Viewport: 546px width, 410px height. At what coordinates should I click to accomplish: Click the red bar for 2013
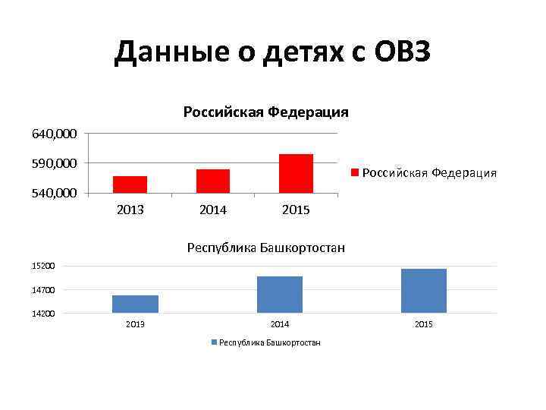click(x=130, y=184)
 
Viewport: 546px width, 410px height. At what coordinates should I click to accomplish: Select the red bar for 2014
click(x=212, y=181)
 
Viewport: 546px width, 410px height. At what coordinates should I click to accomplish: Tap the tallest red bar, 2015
click(x=296, y=173)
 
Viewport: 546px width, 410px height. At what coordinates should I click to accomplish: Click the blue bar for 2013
click(x=135, y=304)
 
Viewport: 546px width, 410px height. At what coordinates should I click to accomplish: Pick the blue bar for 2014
click(x=280, y=295)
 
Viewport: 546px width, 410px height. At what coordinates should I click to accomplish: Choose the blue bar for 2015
click(x=423, y=291)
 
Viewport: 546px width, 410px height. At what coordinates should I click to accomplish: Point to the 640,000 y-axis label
click(x=54, y=134)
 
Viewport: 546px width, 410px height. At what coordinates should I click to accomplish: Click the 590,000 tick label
click(x=54, y=163)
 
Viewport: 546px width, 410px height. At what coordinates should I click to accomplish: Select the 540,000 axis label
click(x=54, y=193)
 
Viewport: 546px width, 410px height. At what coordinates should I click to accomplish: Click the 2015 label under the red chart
click(x=296, y=210)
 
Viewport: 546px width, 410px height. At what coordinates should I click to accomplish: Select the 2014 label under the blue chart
click(x=280, y=324)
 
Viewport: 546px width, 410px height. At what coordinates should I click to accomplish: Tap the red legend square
click(x=354, y=173)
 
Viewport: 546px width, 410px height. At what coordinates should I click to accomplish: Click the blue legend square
click(x=214, y=343)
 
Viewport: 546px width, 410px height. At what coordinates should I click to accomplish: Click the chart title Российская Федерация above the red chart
click(x=265, y=112)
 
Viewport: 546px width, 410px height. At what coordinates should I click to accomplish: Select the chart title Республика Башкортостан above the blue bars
click(x=265, y=248)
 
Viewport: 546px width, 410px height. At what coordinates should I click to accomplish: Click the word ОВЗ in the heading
click(x=402, y=53)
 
